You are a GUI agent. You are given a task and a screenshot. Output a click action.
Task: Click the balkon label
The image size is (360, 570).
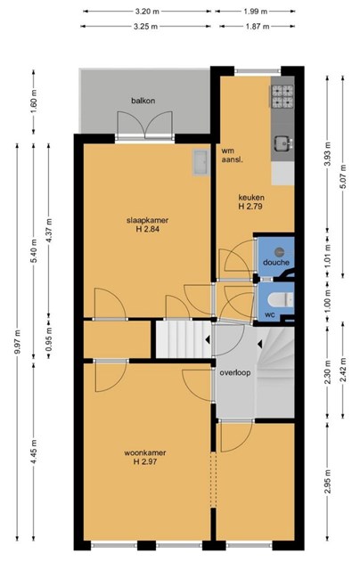[143, 101]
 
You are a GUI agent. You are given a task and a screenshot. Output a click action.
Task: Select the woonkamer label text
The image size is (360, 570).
[145, 453]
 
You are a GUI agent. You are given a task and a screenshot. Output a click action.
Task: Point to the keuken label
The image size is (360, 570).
[251, 198]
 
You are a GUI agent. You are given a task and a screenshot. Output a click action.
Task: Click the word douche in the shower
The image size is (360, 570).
[276, 263]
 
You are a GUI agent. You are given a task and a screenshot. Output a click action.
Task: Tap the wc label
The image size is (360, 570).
[270, 314]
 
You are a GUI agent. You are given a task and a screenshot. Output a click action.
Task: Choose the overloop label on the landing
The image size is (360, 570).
[235, 372]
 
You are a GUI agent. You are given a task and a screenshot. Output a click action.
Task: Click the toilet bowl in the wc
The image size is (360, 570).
[281, 300]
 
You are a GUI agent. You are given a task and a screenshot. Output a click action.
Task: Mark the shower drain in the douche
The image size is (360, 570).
[279, 251]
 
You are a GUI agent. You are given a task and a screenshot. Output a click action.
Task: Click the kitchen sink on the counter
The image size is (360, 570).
[282, 142]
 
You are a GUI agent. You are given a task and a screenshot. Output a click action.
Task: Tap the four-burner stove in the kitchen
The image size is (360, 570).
[282, 97]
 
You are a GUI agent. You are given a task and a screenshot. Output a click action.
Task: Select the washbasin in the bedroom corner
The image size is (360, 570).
[200, 162]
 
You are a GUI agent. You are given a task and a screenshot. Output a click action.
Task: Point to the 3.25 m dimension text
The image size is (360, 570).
[146, 26]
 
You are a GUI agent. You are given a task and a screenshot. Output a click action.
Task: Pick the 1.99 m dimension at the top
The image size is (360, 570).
[255, 12]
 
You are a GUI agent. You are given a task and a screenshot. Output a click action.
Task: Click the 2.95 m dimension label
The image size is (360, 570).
[328, 482]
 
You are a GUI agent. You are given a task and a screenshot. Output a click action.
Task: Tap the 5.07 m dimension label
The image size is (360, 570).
[343, 177]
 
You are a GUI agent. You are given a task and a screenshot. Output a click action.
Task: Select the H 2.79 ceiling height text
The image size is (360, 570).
[251, 207]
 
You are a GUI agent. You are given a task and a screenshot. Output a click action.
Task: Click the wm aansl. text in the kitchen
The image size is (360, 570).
[232, 155]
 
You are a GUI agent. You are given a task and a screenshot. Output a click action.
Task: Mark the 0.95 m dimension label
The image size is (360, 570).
[49, 338]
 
